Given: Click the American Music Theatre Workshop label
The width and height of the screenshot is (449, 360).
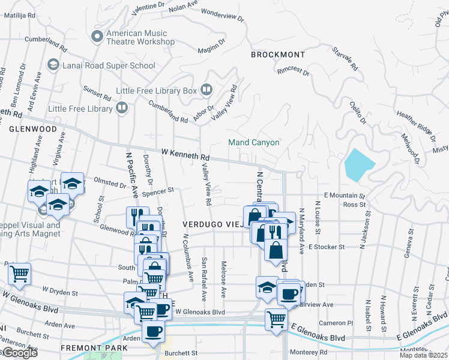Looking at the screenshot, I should point(140,38).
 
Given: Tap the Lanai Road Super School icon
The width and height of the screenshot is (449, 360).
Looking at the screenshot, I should point(53,64).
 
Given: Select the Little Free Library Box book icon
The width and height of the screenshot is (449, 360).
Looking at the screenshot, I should point(207,91).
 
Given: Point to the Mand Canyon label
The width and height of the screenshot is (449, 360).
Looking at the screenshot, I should point(254,143).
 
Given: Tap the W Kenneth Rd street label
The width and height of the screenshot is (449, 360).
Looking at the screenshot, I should point(185,154).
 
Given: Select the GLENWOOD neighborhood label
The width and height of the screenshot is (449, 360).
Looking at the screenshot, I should point(32,128).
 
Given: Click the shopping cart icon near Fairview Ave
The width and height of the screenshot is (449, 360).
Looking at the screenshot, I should point(276,319).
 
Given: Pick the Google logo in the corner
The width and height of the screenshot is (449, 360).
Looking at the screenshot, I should point(19,353).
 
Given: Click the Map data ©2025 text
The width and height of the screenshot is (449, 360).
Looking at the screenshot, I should point(424,356).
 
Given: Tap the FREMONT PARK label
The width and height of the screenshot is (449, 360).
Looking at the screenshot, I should point(94,348).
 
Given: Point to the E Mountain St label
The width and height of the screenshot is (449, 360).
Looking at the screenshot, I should point(345,196).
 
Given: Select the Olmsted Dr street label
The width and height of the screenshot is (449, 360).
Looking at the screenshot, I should point(109,181).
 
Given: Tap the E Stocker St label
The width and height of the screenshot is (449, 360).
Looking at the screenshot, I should point(326,247).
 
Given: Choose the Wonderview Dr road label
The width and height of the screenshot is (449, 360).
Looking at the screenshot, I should point(223,15).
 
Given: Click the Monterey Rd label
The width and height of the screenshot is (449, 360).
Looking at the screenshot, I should point(307,352).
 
